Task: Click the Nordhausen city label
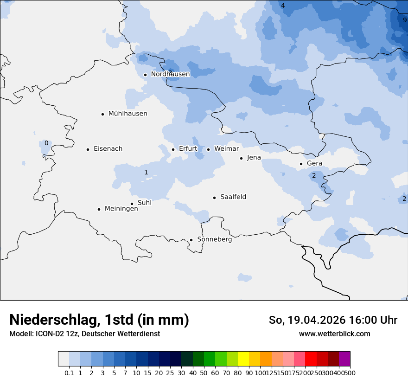170,74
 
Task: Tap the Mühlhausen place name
127,114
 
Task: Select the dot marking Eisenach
88,149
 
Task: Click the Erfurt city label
188,149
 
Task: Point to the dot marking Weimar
208,149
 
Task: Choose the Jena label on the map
254,158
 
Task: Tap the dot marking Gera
301,164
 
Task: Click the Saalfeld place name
233,197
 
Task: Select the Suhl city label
144,203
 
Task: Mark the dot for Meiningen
99,209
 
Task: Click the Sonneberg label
214,239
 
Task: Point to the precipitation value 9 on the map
404,20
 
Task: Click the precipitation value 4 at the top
283,6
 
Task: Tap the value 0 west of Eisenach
46,143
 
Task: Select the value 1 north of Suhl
146,172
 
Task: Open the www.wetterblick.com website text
334,334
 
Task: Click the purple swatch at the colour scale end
344,359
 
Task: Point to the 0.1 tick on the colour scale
69,372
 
